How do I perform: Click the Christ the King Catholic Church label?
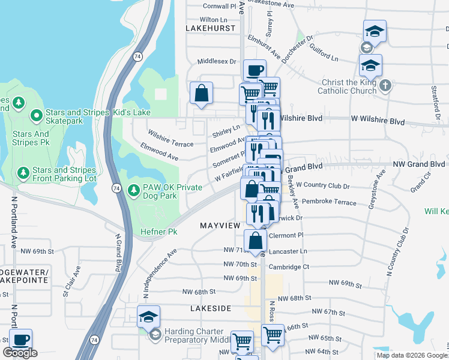pyautogui.click(x=348, y=86)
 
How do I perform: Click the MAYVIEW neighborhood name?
pyautogui.click(x=220, y=225)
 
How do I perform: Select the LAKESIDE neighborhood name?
pyautogui.click(x=210, y=308)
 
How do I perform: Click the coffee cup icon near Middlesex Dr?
pyautogui.click(x=255, y=70)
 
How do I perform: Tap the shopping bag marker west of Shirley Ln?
pyautogui.click(x=201, y=93)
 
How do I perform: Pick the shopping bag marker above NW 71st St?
pyautogui.click(x=256, y=240)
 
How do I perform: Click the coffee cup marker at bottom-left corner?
pyautogui.click(x=21, y=339)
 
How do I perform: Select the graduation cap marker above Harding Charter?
pyautogui.click(x=148, y=316)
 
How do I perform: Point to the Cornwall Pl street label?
pyautogui.click(x=220, y=6)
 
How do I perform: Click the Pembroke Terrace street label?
pyautogui.click(x=330, y=202)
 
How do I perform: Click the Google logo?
pyautogui.click(x=20, y=353)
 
